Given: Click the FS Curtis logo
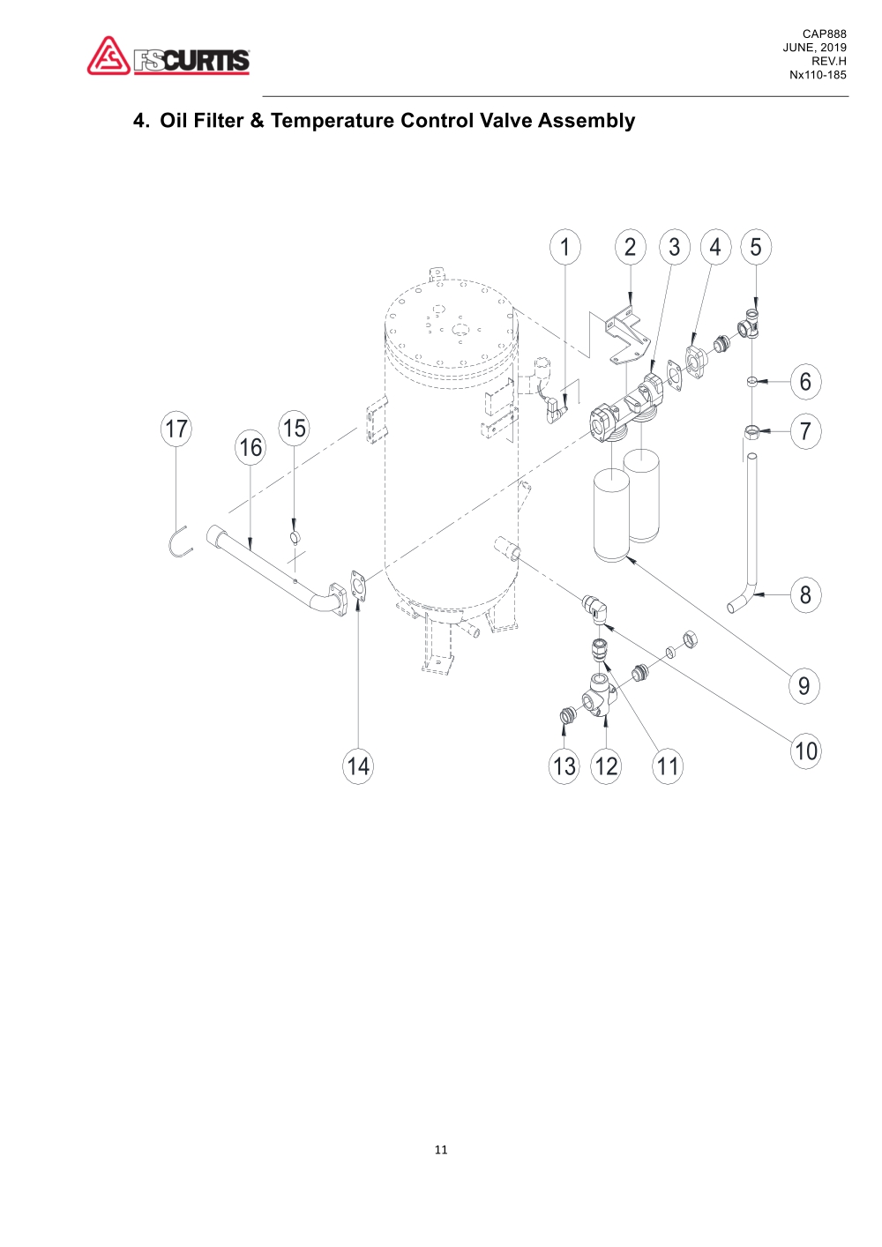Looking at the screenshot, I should click(168, 56).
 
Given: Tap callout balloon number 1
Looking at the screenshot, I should click(565, 247).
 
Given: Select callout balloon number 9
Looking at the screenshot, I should click(804, 685).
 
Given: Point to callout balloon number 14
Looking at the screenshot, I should click(358, 765).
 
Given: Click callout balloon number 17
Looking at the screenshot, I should click(176, 429).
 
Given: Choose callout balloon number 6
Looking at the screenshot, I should click(804, 382).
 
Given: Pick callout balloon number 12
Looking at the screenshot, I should click(606, 765).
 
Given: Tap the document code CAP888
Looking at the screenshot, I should click(824, 34).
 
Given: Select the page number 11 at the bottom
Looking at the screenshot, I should click(441, 1150).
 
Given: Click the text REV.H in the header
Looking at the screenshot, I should click(828, 62).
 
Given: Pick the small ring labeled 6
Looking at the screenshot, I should click(751, 381).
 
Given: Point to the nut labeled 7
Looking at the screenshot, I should click(751, 430).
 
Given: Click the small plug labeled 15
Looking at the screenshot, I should click(295, 537).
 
